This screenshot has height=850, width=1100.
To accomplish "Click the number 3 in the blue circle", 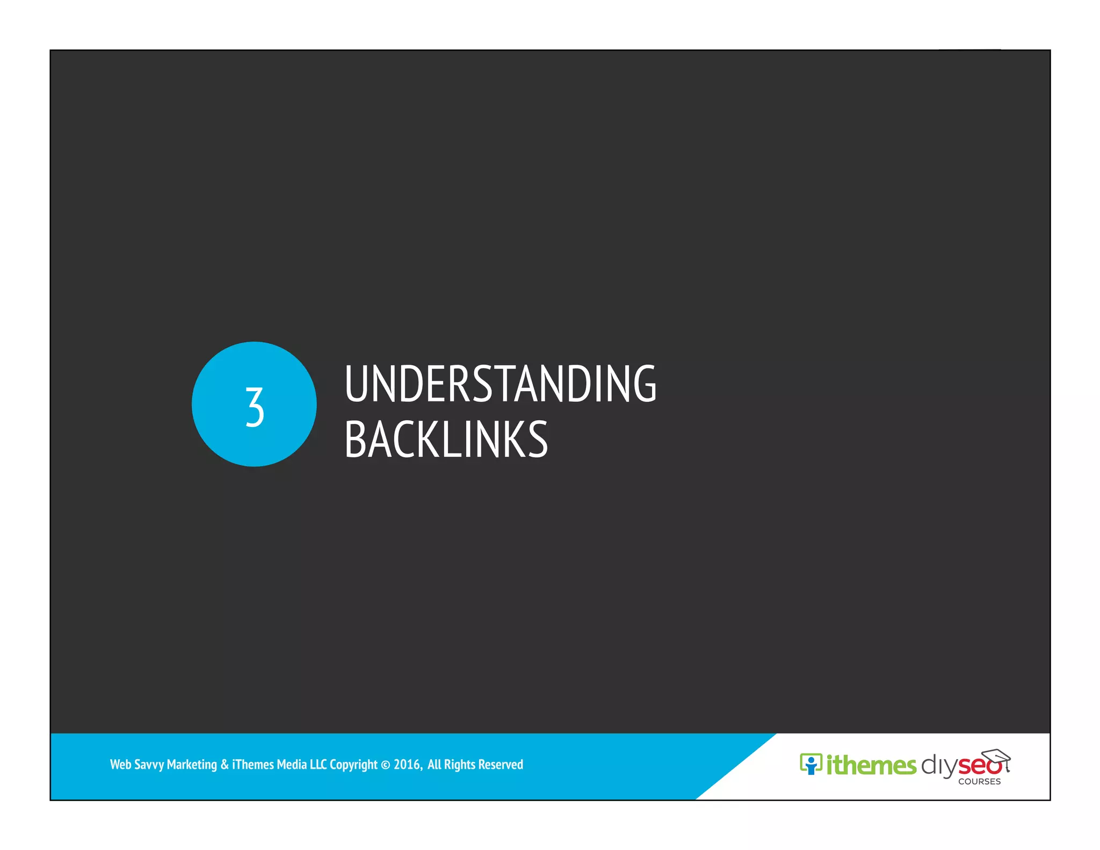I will (x=255, y=407).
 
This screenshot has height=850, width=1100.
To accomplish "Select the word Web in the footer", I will (x=120, y=764).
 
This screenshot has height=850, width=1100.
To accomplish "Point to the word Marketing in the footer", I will (x=192, y=765).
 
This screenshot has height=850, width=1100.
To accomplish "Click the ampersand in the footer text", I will (x=225, y=764).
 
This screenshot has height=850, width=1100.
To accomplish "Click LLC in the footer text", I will (x=318, y=764).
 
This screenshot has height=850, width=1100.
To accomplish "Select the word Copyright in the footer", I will (x=353, y=765).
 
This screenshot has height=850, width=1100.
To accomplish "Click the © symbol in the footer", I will (x=386, y=765).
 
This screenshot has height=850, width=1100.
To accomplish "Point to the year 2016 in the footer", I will (x=407, y=764).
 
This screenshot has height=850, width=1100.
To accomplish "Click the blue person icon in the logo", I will (x=810, y=763).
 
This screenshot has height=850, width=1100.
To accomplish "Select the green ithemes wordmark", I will (x=871, y=765).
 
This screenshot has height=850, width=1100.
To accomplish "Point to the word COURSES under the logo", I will (x=979, y=782).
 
